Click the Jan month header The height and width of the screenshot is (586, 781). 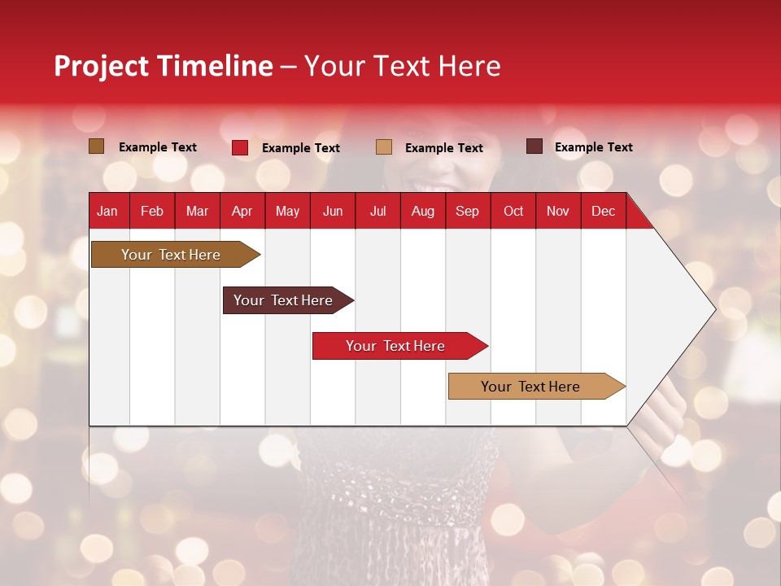click(x=107, y=212)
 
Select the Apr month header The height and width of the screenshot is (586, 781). click(x=242, y=212)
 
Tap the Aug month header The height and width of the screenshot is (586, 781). click(x=422, y=212)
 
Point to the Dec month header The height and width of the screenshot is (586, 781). click(x=603, y=212)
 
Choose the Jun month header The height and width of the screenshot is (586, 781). click(x=333, y=212)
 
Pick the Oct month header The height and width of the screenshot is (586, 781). click(x=513, y=212)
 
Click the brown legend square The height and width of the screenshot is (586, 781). click(x=97, y=146)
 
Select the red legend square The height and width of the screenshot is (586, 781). click(x=240, y=147)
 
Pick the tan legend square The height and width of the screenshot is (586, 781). click(x=384, y=147)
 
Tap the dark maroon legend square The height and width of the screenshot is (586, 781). click(x=534, y=146)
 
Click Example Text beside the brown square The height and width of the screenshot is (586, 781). click(x=158, y=147)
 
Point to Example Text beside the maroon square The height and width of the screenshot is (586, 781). click(x=594, y=147)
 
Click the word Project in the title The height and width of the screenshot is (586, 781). click(x=101, y=66)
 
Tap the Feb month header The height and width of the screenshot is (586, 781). click(x=152, y=212)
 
